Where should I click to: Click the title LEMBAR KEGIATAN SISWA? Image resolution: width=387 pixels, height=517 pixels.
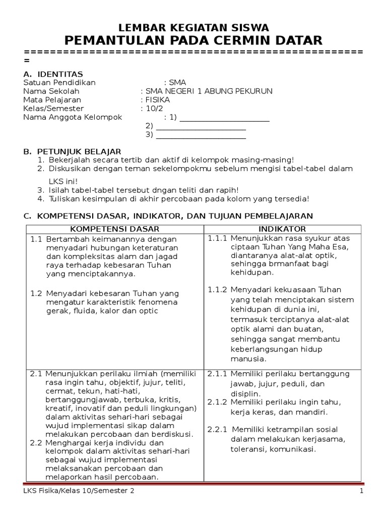(193, 28)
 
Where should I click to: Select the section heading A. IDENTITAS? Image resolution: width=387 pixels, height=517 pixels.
(53, 74)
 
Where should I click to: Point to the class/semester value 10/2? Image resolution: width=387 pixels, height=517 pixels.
(151, 109)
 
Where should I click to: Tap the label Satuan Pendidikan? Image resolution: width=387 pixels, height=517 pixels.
(59, 83)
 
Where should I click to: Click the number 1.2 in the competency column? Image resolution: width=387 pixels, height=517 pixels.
(35, 293)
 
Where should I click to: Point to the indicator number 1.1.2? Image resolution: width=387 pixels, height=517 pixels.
(218, 289)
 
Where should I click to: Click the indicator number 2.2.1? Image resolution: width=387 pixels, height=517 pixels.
(218, 429)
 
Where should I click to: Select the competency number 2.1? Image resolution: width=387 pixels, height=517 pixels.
(35, 374)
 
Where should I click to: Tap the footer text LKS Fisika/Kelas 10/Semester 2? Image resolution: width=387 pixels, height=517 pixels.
(79, 491)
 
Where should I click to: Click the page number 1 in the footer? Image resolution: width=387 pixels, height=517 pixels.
(361, 491)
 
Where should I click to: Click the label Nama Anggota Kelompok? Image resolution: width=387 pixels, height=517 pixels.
(73, 117)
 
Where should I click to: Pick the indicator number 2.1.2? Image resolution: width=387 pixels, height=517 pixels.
(218, 402)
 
